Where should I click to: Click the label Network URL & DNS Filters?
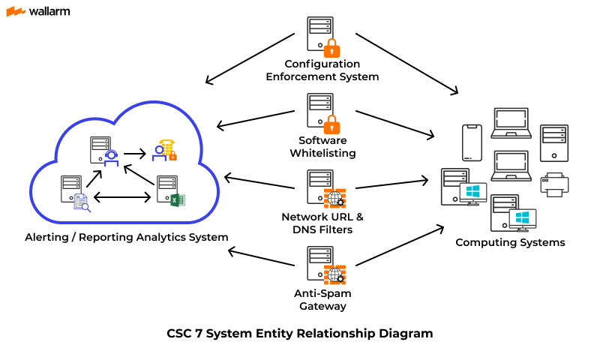point(322,223)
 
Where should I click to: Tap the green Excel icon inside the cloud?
point(177,199)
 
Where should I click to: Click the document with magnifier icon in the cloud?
point(81,201)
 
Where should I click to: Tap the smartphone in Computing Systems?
point(471,142)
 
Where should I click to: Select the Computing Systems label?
point(510,242)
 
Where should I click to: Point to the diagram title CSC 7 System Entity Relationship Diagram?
point(299,333)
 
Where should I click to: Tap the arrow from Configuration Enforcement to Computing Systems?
point(406,63)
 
